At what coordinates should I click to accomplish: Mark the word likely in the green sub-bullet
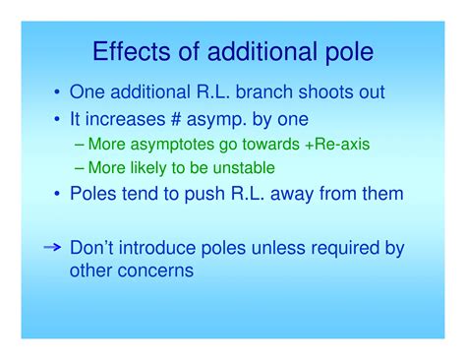[x=162, y=167]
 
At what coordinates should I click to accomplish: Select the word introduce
[x=164, y=249]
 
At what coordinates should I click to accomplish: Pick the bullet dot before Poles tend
[x=56, y=195]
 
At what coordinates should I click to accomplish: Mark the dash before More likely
[x=81, y=167]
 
